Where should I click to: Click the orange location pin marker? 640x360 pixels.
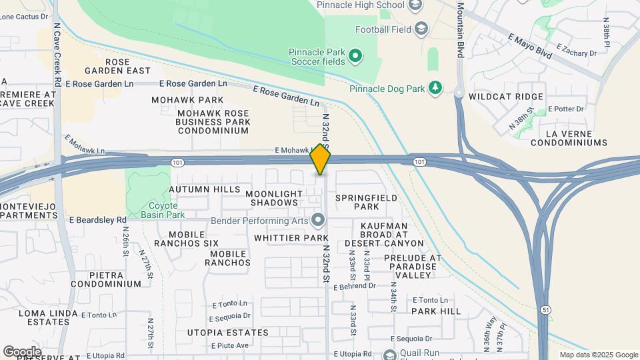tap(321, 159)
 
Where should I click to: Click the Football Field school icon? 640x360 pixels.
tap(421, 29)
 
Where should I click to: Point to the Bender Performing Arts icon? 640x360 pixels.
tap(318, 219)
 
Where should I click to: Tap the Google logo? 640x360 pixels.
tap(22, 351)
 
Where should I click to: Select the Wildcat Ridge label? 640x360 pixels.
tap(506, 97)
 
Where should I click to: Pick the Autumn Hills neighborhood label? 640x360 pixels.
tap(204, 189)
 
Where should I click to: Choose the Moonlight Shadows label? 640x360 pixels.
tap(271, 198)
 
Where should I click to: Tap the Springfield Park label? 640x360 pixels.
tap(366, 202)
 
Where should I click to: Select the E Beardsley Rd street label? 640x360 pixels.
tap(97, 219)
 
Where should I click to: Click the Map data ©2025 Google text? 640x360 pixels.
tap(597, 355)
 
